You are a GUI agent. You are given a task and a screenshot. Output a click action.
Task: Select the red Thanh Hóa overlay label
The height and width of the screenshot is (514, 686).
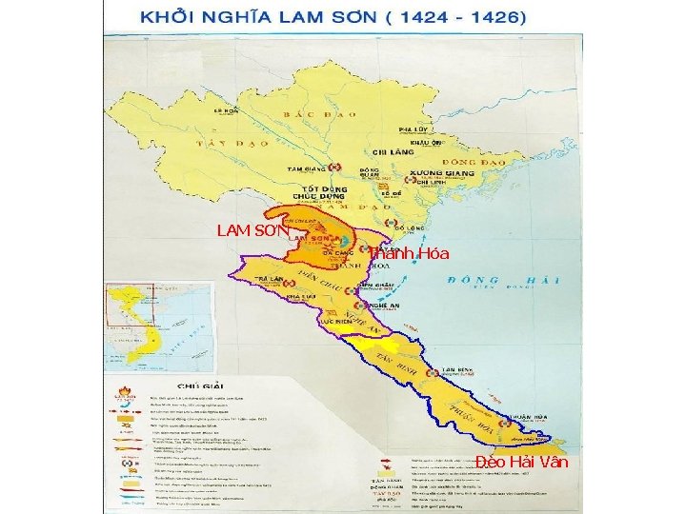(409, 253)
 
